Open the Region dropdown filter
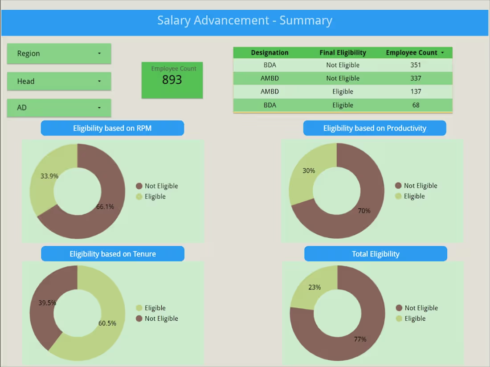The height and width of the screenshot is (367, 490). (59, 53)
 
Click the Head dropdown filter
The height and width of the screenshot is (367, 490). (59, 81)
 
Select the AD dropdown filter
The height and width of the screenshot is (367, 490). (59, 108)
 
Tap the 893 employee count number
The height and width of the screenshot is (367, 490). (172, 80)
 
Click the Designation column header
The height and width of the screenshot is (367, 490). (269, 53)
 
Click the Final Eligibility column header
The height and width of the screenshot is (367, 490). (343, 53)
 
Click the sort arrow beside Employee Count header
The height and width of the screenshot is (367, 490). (442, 53)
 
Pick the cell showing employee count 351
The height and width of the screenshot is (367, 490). (415, 65)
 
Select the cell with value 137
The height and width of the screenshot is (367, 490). (415, 92)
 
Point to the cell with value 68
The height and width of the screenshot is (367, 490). (415, 105)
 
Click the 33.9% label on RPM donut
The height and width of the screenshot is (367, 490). (49, 176)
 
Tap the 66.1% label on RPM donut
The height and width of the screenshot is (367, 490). (105, 207)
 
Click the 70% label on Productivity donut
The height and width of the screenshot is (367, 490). (364, 211)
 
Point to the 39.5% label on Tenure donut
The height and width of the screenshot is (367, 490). (47, 303)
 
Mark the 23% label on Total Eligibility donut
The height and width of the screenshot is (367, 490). (314, 287)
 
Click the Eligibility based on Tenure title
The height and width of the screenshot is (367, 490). (113, 254)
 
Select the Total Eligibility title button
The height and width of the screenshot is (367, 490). (376, 254)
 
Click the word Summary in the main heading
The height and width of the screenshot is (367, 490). (306, 20)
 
